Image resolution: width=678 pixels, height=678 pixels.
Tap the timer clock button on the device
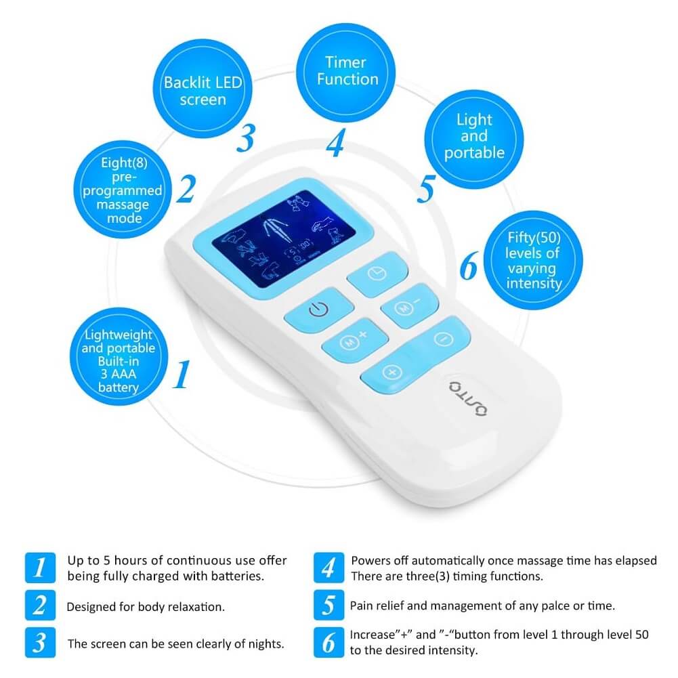point(377,274)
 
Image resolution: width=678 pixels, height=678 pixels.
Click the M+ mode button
point(354,341)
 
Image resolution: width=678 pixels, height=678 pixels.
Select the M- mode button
point(409,305)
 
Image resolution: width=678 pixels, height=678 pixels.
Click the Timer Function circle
point(346,72)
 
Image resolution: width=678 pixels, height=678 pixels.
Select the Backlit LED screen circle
point(203,89)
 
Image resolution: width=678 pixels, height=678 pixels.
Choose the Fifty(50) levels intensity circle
point(533,260)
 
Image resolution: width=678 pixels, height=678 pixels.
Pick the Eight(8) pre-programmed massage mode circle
point(123,190)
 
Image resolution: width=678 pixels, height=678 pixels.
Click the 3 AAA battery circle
point(119,357)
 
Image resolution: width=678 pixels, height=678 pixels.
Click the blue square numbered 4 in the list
point(329,568)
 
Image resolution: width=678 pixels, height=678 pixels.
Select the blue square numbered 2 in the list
point(40,605)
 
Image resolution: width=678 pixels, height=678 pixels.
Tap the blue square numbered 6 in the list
point(329,642)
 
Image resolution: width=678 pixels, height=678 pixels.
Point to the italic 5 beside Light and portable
point(426,189)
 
